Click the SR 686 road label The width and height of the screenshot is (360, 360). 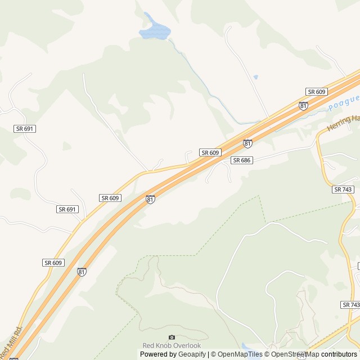[241, 160]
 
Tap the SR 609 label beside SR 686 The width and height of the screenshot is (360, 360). [210, 152]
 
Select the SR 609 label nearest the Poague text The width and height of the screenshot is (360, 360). [317, 92]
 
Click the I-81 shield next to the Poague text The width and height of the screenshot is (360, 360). [304, 106]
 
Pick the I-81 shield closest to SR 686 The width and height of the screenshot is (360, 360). [247, 143]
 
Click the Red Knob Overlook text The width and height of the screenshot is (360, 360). [172, 345]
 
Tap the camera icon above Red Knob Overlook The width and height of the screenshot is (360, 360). [172, 337]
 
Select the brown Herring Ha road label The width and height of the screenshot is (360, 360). [343, 122]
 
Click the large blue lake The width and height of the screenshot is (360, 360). [154, 30]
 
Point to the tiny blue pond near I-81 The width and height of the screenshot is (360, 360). [255, 76]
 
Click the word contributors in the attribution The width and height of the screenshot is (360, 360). [339, 354]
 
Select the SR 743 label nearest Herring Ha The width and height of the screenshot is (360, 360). [343, 190]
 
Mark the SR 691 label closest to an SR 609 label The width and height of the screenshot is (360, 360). [67, 209]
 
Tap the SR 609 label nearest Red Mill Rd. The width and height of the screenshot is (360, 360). [53, 263]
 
